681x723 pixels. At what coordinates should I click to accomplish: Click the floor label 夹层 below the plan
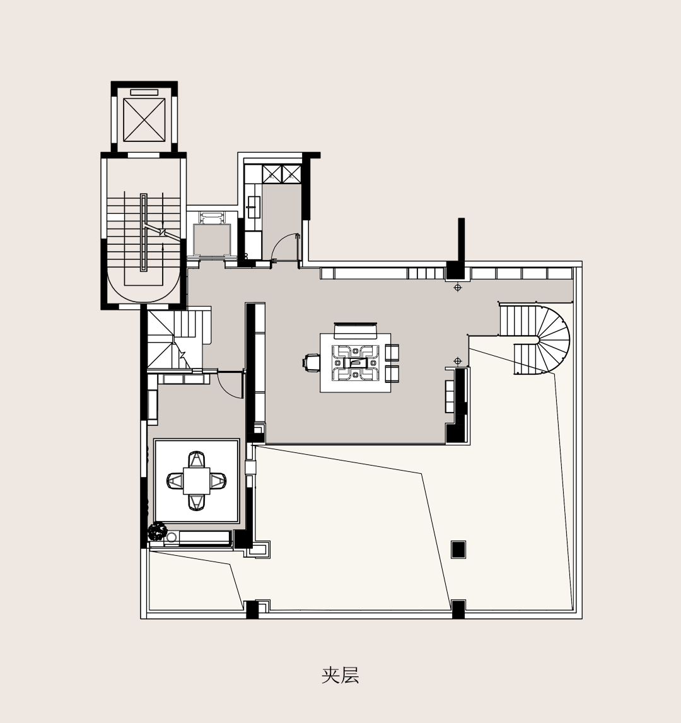pyautogui.click(x=340, y=675)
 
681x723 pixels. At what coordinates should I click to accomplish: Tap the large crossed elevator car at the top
pyautogui.click(x=144, y=119)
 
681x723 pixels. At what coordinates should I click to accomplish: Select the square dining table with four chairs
pyautogui.click(x=197, y=481)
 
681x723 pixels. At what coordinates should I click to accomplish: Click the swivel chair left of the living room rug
pyautogui.click(x=311, y=363)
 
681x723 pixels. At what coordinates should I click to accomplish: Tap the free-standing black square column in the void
pyautogui.click(x=458, y=550)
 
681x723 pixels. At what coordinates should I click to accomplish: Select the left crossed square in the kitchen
pyautogui.click(x=271, y=173)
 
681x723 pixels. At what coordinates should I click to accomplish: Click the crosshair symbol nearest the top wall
pyautogui.click(x=458, y=288)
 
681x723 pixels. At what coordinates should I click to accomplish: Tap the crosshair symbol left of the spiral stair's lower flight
pyautogui.click(x=458, y=361)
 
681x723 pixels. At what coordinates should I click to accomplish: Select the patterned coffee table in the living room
pyautogui.click(x=355, y=363)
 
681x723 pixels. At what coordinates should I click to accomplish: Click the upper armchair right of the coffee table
pyautogui.click(x=392, y=353)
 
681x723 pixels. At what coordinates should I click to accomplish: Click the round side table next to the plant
pyautogui.click(x=171, y=538)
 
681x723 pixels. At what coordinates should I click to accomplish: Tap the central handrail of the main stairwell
pyautogui.click(x=144, y=232)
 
